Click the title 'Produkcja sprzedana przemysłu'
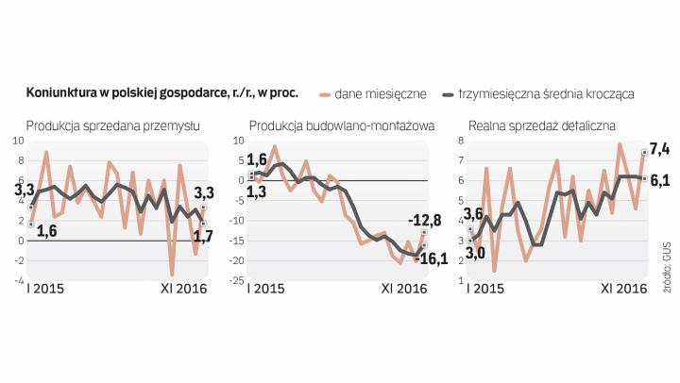(113, 125)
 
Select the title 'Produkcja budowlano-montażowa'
(341, 125)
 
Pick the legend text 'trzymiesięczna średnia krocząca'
(545, 94)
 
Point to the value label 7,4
(659, 149)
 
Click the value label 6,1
(659, 179)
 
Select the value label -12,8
(426, 221)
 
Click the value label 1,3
(257, 192)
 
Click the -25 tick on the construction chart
(240, 280)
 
